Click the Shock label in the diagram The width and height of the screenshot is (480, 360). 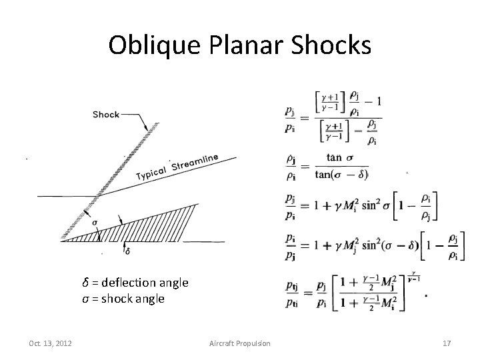(105, 114)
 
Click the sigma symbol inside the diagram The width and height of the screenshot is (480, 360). (95, 223)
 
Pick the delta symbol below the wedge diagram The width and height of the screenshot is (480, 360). (129, 251)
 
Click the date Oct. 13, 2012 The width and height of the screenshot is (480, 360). (51, 343)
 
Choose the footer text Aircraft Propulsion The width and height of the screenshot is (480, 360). (239, 343)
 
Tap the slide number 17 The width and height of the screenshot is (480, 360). (447, 343)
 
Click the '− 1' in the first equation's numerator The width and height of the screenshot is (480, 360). (374, 101)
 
